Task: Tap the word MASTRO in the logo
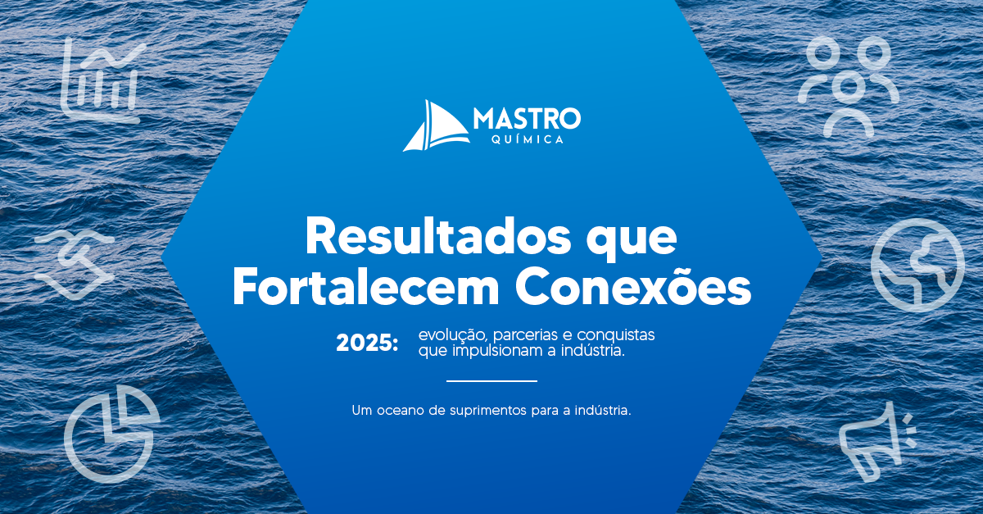pyautogui.click(x=527, y=119)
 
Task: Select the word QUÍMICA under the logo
pyautogui.click(x=528, y=139)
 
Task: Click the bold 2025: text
pyautogui.click(x=367, y=343)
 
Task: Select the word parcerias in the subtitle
pyautogui.click(x=525, y=335)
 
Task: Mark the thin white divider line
pyautogui.click(x=492, y=381)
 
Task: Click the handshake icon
pyautogui.click(x=75, y=265)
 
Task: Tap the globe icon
pyautogui.click(x=918, y=266)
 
